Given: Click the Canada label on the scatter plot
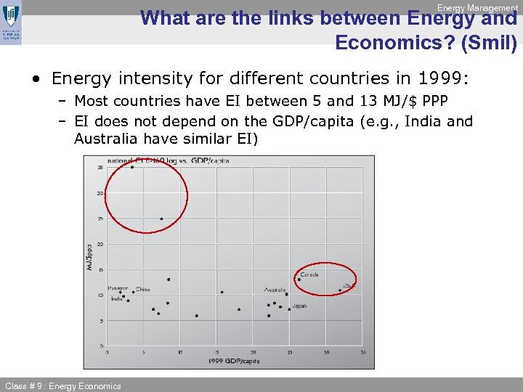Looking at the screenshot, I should tap(309, 275).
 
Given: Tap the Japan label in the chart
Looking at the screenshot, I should tap(299, 306).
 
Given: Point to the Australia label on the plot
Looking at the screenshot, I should tap(275, 290).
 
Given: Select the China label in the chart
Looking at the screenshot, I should tap(143, 289).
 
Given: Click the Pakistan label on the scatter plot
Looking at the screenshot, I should tap(118, 288).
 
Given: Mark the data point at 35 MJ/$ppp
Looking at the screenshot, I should tap(132, 167).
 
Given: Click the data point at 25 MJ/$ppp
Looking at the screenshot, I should tap(161, 219).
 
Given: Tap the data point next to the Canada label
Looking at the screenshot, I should tap(299, 279).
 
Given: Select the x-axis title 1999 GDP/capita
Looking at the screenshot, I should tap(234, 361).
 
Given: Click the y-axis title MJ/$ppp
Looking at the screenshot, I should tap(91, 258).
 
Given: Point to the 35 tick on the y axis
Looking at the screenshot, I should tap(100, 168).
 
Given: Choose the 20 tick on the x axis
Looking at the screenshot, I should tap(253, 352).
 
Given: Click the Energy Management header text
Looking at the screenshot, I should tap(477, 7).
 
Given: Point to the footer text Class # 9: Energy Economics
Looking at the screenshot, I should tap(63, 385).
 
